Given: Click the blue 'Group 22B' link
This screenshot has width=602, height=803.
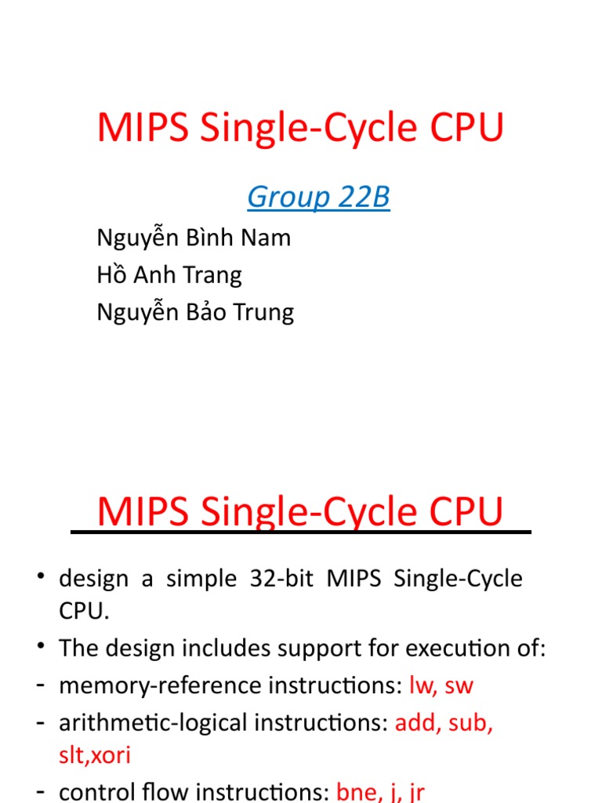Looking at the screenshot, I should tap(318, 198).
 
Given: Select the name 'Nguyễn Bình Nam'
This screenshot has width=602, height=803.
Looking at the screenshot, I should tap(194, 238).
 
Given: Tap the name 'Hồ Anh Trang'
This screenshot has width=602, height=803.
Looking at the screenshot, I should tap(169, 275).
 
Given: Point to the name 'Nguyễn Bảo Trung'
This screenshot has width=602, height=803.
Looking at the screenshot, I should tap(195, 312).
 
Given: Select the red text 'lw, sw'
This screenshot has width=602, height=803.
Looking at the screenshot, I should tap(441, 685).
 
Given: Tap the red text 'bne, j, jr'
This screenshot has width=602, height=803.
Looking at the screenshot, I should tap(380, 792).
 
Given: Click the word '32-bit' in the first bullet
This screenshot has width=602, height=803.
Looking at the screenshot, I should tap(280, 579).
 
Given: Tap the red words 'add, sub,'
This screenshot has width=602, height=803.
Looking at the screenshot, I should tap(444, 723).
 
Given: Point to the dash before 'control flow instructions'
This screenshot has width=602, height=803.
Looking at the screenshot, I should tap(39, 792).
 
